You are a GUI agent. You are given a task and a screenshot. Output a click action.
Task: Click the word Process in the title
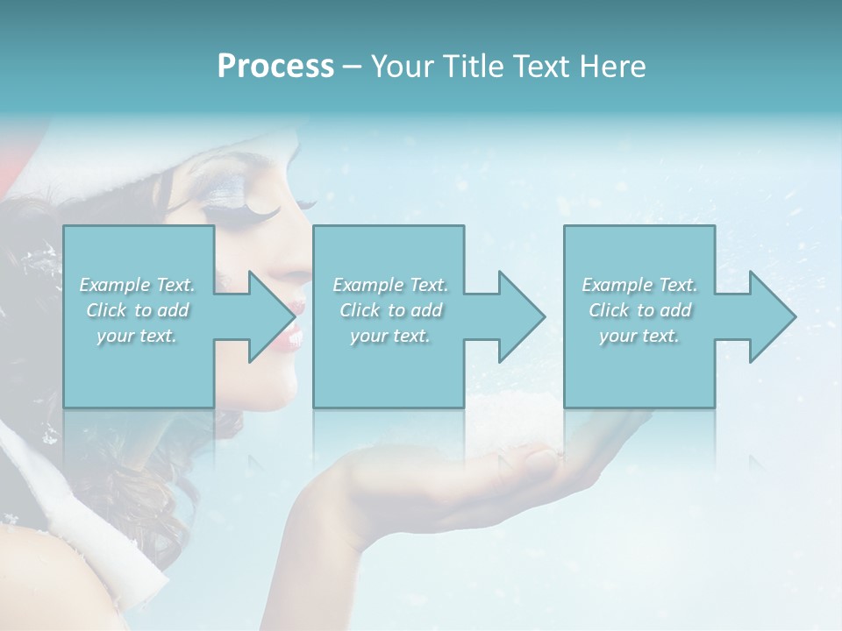click(x=275, y=67)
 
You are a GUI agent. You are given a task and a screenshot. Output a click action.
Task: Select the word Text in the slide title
click(x=538, y=67)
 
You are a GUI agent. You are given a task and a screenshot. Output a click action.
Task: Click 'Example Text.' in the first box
click(x=137, y=285)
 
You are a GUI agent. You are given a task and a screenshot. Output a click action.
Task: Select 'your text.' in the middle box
click(x=389, y=336)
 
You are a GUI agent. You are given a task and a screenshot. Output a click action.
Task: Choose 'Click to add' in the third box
click(x=639, y=310)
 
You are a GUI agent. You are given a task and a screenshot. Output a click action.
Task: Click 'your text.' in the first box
click(x=137, y=336)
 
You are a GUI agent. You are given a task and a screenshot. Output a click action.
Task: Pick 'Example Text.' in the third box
click(x=639, y=285)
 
